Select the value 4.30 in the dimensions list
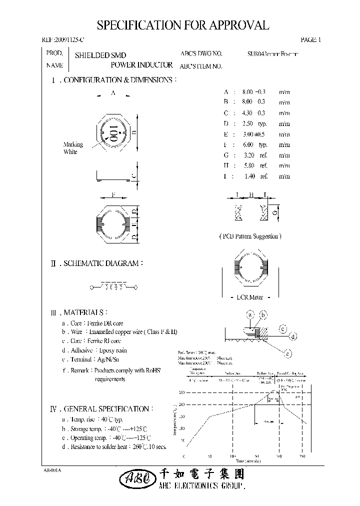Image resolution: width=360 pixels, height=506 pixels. pos(248,113)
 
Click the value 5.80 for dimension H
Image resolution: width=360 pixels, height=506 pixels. pos(248,165)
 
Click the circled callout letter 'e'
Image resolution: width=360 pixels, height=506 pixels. pos(287,354)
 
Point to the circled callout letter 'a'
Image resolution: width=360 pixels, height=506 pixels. pos(250,314)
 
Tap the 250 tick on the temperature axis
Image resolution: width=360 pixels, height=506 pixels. pos(181,393)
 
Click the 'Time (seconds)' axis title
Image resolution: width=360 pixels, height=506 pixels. pos(241,461)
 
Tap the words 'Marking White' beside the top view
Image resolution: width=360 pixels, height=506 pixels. pos(73,148)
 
